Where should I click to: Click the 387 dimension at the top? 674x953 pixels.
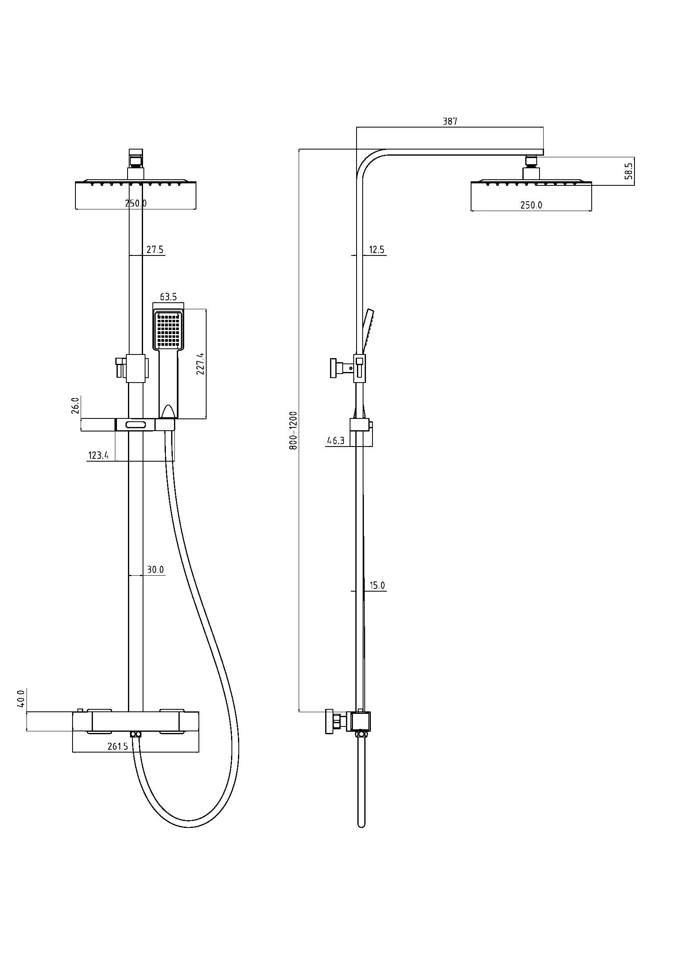450,121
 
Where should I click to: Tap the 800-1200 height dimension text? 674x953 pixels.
293,430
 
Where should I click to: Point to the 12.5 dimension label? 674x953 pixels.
377,250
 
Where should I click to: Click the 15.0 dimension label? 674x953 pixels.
377,585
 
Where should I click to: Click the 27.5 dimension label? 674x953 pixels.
155,250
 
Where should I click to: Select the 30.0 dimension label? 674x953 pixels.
155,570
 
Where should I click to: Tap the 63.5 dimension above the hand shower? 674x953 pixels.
169,297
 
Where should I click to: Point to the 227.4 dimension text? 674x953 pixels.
200,363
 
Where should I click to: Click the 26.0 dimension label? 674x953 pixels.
75,406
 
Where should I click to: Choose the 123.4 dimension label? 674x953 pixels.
98,456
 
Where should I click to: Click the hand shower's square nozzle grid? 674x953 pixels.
169,330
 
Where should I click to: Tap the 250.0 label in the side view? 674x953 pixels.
531,205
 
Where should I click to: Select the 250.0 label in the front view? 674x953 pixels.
136,203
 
